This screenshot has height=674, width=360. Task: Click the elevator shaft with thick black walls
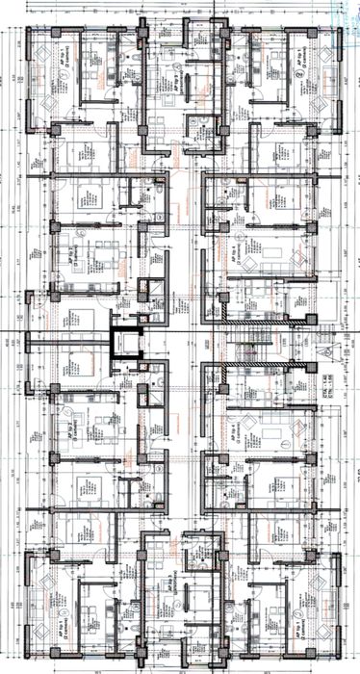(x=125, y=343)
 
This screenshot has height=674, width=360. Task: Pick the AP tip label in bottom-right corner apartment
(x=300, y=608)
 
